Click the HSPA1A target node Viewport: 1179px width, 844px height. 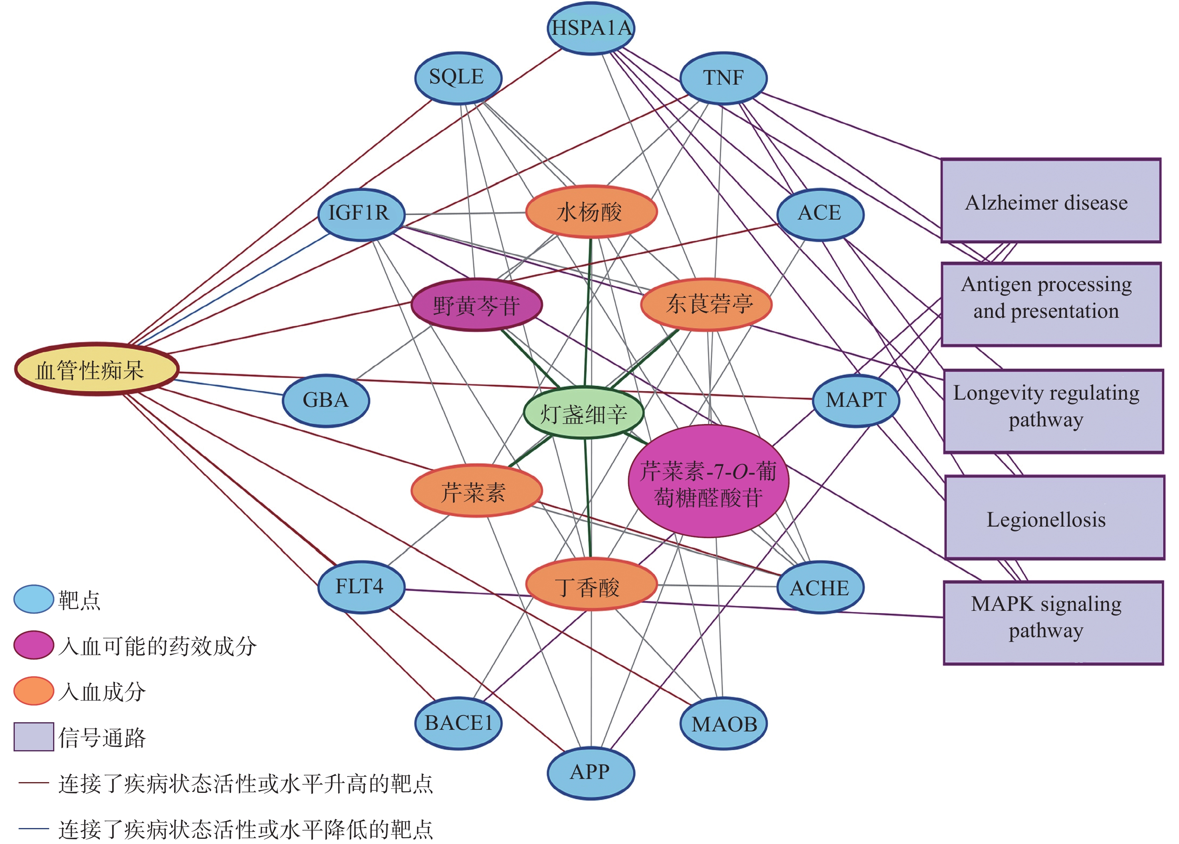591,28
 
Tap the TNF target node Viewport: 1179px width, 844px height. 723,78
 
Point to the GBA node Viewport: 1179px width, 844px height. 326,401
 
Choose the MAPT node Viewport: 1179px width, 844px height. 855,400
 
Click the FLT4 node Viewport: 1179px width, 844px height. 361,587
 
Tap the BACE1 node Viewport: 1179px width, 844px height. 458,723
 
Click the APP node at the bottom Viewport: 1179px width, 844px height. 591,772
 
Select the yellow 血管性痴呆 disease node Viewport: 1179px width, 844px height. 97,370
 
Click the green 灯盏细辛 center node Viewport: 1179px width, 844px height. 584,413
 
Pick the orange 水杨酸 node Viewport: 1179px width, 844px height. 591,212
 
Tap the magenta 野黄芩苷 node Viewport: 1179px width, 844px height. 476,305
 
